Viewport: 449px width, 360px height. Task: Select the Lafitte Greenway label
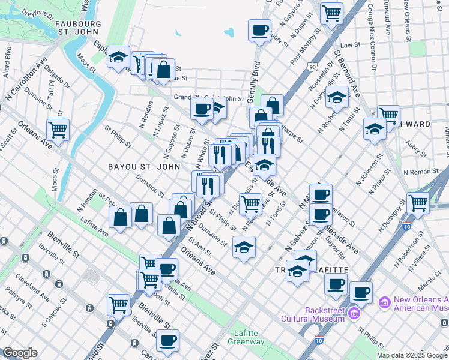[246, 337]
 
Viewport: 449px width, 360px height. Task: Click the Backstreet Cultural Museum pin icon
[354, 313]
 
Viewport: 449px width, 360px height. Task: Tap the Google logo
[19, 353]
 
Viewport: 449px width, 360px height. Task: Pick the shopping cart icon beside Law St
[331, 13]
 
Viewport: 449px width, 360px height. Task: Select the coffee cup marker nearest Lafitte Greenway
[167, 340]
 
